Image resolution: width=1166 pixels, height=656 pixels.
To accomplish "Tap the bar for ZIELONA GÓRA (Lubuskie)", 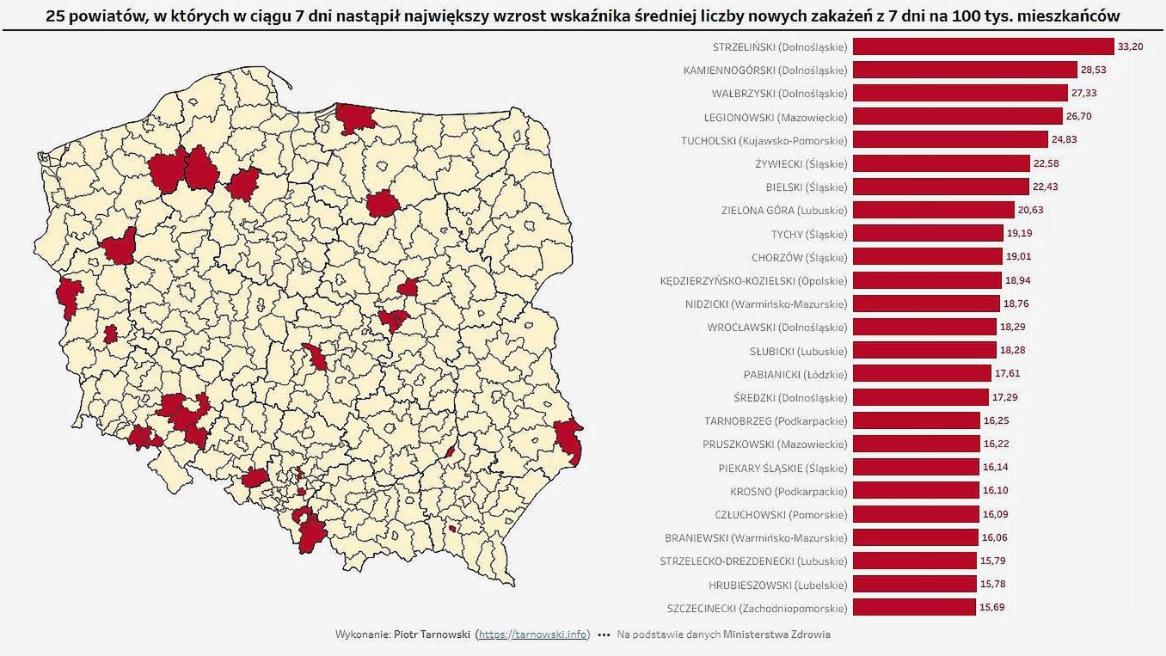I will pyautogui.click(x=934, y=210).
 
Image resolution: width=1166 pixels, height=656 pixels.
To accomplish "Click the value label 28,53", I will pyautogui.click(x=1094, y=70).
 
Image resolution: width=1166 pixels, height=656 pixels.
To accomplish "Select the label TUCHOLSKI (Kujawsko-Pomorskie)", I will pyautogui.click(x=764, y=140).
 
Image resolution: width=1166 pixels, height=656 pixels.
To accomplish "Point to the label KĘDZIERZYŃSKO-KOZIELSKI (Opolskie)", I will pyautogui.click(x=753, y=280).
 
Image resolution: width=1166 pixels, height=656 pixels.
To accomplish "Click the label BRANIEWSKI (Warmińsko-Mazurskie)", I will pyautogui.click(x=756, y=538).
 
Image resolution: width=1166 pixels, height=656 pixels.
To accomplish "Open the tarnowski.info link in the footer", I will pyautogui.click(x=533, y=635).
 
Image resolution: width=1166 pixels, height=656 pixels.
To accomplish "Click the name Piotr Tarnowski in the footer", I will pyautogui.click(x=432, y=635).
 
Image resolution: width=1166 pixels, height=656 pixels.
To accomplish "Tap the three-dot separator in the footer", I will pyautogui.click(x=604, y=635).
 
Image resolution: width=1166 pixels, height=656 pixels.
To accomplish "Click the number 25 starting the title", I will pyautogui.click(x=54, y=16).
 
